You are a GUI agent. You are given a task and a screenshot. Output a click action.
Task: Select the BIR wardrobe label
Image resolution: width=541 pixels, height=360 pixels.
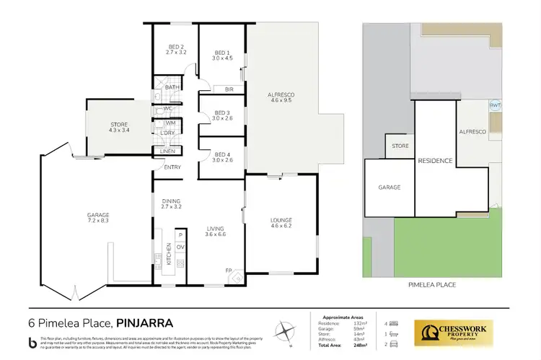[229, 89]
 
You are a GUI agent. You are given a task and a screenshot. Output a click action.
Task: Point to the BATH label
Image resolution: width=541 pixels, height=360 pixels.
[172, 88]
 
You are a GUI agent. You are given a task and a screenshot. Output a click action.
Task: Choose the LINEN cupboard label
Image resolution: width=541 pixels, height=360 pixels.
[169, 151]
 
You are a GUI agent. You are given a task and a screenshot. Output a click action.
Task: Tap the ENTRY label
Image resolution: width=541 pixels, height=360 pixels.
[172, 168]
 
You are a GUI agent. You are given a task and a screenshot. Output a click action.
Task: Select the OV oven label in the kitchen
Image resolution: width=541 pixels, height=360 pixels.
[180, 247]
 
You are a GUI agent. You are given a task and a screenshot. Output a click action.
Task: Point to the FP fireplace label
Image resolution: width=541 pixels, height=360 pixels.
[228, 271]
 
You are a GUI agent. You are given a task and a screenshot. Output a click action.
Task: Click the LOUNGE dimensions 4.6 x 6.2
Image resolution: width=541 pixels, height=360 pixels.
[281, 227]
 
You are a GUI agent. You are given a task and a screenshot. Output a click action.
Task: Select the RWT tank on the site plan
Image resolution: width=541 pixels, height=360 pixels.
[495, 105]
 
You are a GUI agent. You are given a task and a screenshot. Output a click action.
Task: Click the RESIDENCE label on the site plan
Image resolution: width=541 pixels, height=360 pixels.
[435, 160]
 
